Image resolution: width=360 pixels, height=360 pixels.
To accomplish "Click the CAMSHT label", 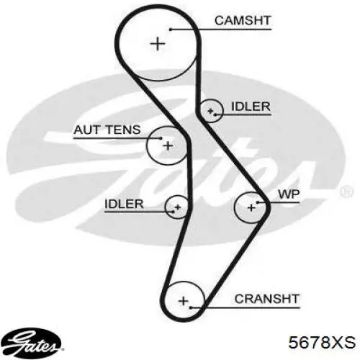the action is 243,21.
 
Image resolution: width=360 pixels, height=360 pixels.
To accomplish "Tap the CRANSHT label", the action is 267,299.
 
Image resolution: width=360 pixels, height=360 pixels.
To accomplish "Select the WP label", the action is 289,194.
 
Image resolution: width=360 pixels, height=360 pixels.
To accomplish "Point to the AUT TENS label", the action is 107,130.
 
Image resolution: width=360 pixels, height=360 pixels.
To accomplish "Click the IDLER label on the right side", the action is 251,107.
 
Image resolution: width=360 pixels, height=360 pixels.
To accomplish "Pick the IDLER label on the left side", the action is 124,204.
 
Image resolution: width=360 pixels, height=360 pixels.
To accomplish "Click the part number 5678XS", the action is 322,342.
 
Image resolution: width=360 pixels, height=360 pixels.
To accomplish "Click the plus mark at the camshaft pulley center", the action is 158,44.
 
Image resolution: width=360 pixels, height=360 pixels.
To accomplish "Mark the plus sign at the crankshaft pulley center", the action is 184,301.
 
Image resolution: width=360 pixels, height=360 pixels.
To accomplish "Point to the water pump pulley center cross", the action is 251,207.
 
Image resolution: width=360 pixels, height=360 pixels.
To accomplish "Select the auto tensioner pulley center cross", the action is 168,145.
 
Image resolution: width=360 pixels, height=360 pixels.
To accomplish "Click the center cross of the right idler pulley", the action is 210,111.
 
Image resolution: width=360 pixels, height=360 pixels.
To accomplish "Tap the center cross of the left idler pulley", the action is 178,207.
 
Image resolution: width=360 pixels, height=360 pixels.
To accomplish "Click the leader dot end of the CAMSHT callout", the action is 171,30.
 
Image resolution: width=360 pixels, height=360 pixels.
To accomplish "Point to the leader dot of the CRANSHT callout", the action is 190,307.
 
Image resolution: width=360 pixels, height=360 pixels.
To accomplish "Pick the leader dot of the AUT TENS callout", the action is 161,138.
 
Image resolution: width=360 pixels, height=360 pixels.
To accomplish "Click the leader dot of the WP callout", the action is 258,203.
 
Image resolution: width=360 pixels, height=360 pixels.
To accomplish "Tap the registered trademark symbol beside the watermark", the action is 346,192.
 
